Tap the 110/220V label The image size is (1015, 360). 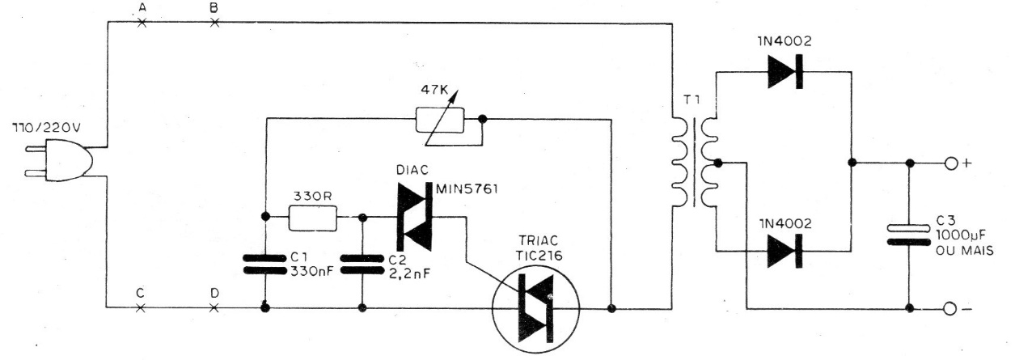(x=47, y=128)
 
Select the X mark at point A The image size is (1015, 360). (x=142, y=23)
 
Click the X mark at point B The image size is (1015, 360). (x=215, y=23)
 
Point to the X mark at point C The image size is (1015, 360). (x=141, y=308)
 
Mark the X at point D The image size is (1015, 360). (x=214, y=308)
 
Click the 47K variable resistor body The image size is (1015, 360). (x=439, y=121)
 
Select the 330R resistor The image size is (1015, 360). (x=313, y=218)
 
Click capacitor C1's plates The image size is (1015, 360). (x=264, y=265)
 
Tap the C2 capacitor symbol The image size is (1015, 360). (x=362, y=265)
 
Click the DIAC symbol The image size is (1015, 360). (x=415, y=217)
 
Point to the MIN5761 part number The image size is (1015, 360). (x=467, y=189)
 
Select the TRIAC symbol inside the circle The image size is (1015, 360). (x=536, y=308)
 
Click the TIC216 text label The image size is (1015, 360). (x=539, y=256)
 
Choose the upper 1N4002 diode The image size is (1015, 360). (x=785, y=72)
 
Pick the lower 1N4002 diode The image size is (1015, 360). (x=785, y=251)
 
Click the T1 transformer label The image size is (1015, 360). (x=691, y=100)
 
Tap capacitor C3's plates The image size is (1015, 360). (x=908, y=235)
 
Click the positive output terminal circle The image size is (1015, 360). (x=950, y=163)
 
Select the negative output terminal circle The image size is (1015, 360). (x=950, y=309)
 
